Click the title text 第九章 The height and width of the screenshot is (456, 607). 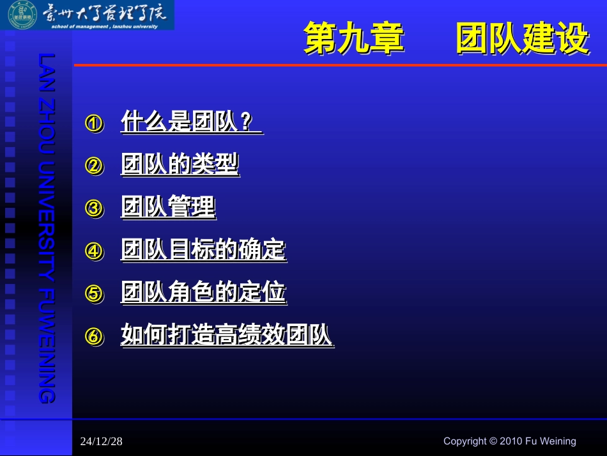pos(353,38)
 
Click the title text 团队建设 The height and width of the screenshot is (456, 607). pos(522,38)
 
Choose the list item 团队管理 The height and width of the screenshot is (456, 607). pos(168,207)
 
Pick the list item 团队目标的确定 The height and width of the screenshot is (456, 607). pos(203,249)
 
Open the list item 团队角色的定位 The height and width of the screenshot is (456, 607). pos(203,292)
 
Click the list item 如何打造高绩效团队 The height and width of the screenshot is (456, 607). pos(226,335)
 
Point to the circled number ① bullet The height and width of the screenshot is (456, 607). pos(94,123)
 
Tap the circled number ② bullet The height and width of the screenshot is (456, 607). pos(94,166)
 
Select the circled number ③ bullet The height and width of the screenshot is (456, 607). pos(94,208)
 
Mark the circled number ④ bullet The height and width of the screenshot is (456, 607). pos(94,251)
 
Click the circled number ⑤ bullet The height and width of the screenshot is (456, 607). pos(94,294)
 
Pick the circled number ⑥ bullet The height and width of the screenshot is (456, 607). pos(94,336)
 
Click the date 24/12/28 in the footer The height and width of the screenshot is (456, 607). pos(102,441)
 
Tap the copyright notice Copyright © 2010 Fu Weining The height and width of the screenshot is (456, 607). pos(509,441)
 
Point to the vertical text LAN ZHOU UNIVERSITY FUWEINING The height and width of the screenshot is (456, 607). pos(47,228)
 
